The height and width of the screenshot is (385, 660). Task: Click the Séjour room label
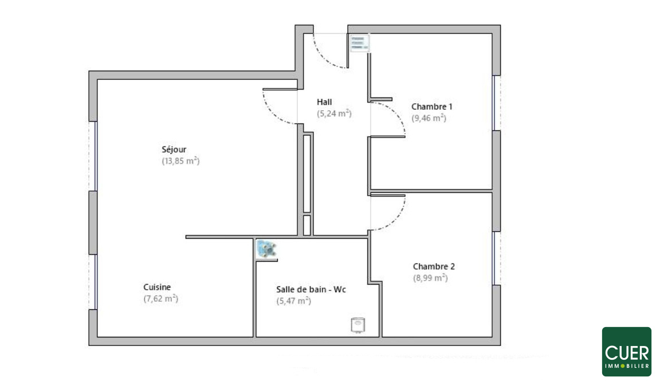pyautogui.click(x=174, y=149)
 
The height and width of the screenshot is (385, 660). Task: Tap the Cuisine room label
pyautogui.click(x=157, y=287)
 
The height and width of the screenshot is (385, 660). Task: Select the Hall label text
pyautogui.click(x=324, y=102)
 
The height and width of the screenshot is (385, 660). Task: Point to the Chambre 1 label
pyautogui.click(x=431, y=107)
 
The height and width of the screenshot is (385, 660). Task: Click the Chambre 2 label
pyautogui.click(x=434, y=266)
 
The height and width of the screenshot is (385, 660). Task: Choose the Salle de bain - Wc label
pyautogui.click(x=311, y=290)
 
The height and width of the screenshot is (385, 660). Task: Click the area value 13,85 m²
pyautogui.click(x=180, y=161)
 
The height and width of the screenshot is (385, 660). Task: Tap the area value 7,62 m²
pyautogui.click(x=161, y=298)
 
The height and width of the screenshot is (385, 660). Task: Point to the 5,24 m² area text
pyautogui.click(x=334, y=114)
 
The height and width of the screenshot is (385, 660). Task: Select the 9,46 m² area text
pyautogui.click(x=429, y=118)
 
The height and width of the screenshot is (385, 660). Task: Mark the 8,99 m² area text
pyautogui.click(x=430, y=278)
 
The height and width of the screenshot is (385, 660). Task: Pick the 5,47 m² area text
pyautogui.click(x=294, y=301)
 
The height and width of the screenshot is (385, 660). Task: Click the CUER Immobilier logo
pyautogui.click(x=626, y=351)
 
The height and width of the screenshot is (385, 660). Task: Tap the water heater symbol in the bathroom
pyautogui.click(x=357, y=325)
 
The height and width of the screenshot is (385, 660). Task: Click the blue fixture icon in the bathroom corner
pyautogui.click(x=266, y=249)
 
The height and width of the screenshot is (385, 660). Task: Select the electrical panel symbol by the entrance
pyautogui.click(x=360, y=43)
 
